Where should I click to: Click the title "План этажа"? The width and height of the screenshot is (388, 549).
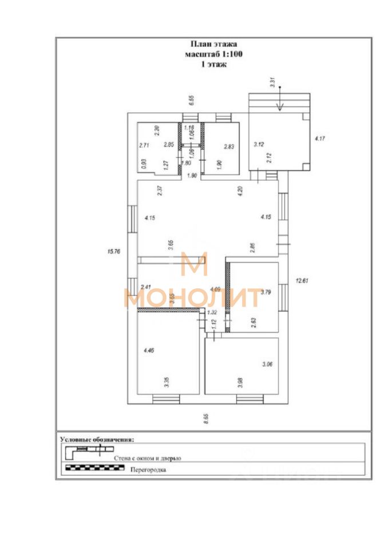[213, 43]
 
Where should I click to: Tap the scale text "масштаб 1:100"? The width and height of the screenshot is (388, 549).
[213, 54]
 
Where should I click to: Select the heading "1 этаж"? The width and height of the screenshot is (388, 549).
[213, 65]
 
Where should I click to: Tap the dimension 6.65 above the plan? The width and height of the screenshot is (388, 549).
[192, 100]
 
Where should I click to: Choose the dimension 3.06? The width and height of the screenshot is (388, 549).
[267, 364]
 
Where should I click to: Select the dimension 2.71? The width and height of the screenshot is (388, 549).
[144, 145]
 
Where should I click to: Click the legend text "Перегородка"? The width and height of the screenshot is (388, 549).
[148, 470]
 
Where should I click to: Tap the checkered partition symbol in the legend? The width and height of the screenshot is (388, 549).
[94, 468]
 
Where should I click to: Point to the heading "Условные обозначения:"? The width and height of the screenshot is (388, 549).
[97, 440]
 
